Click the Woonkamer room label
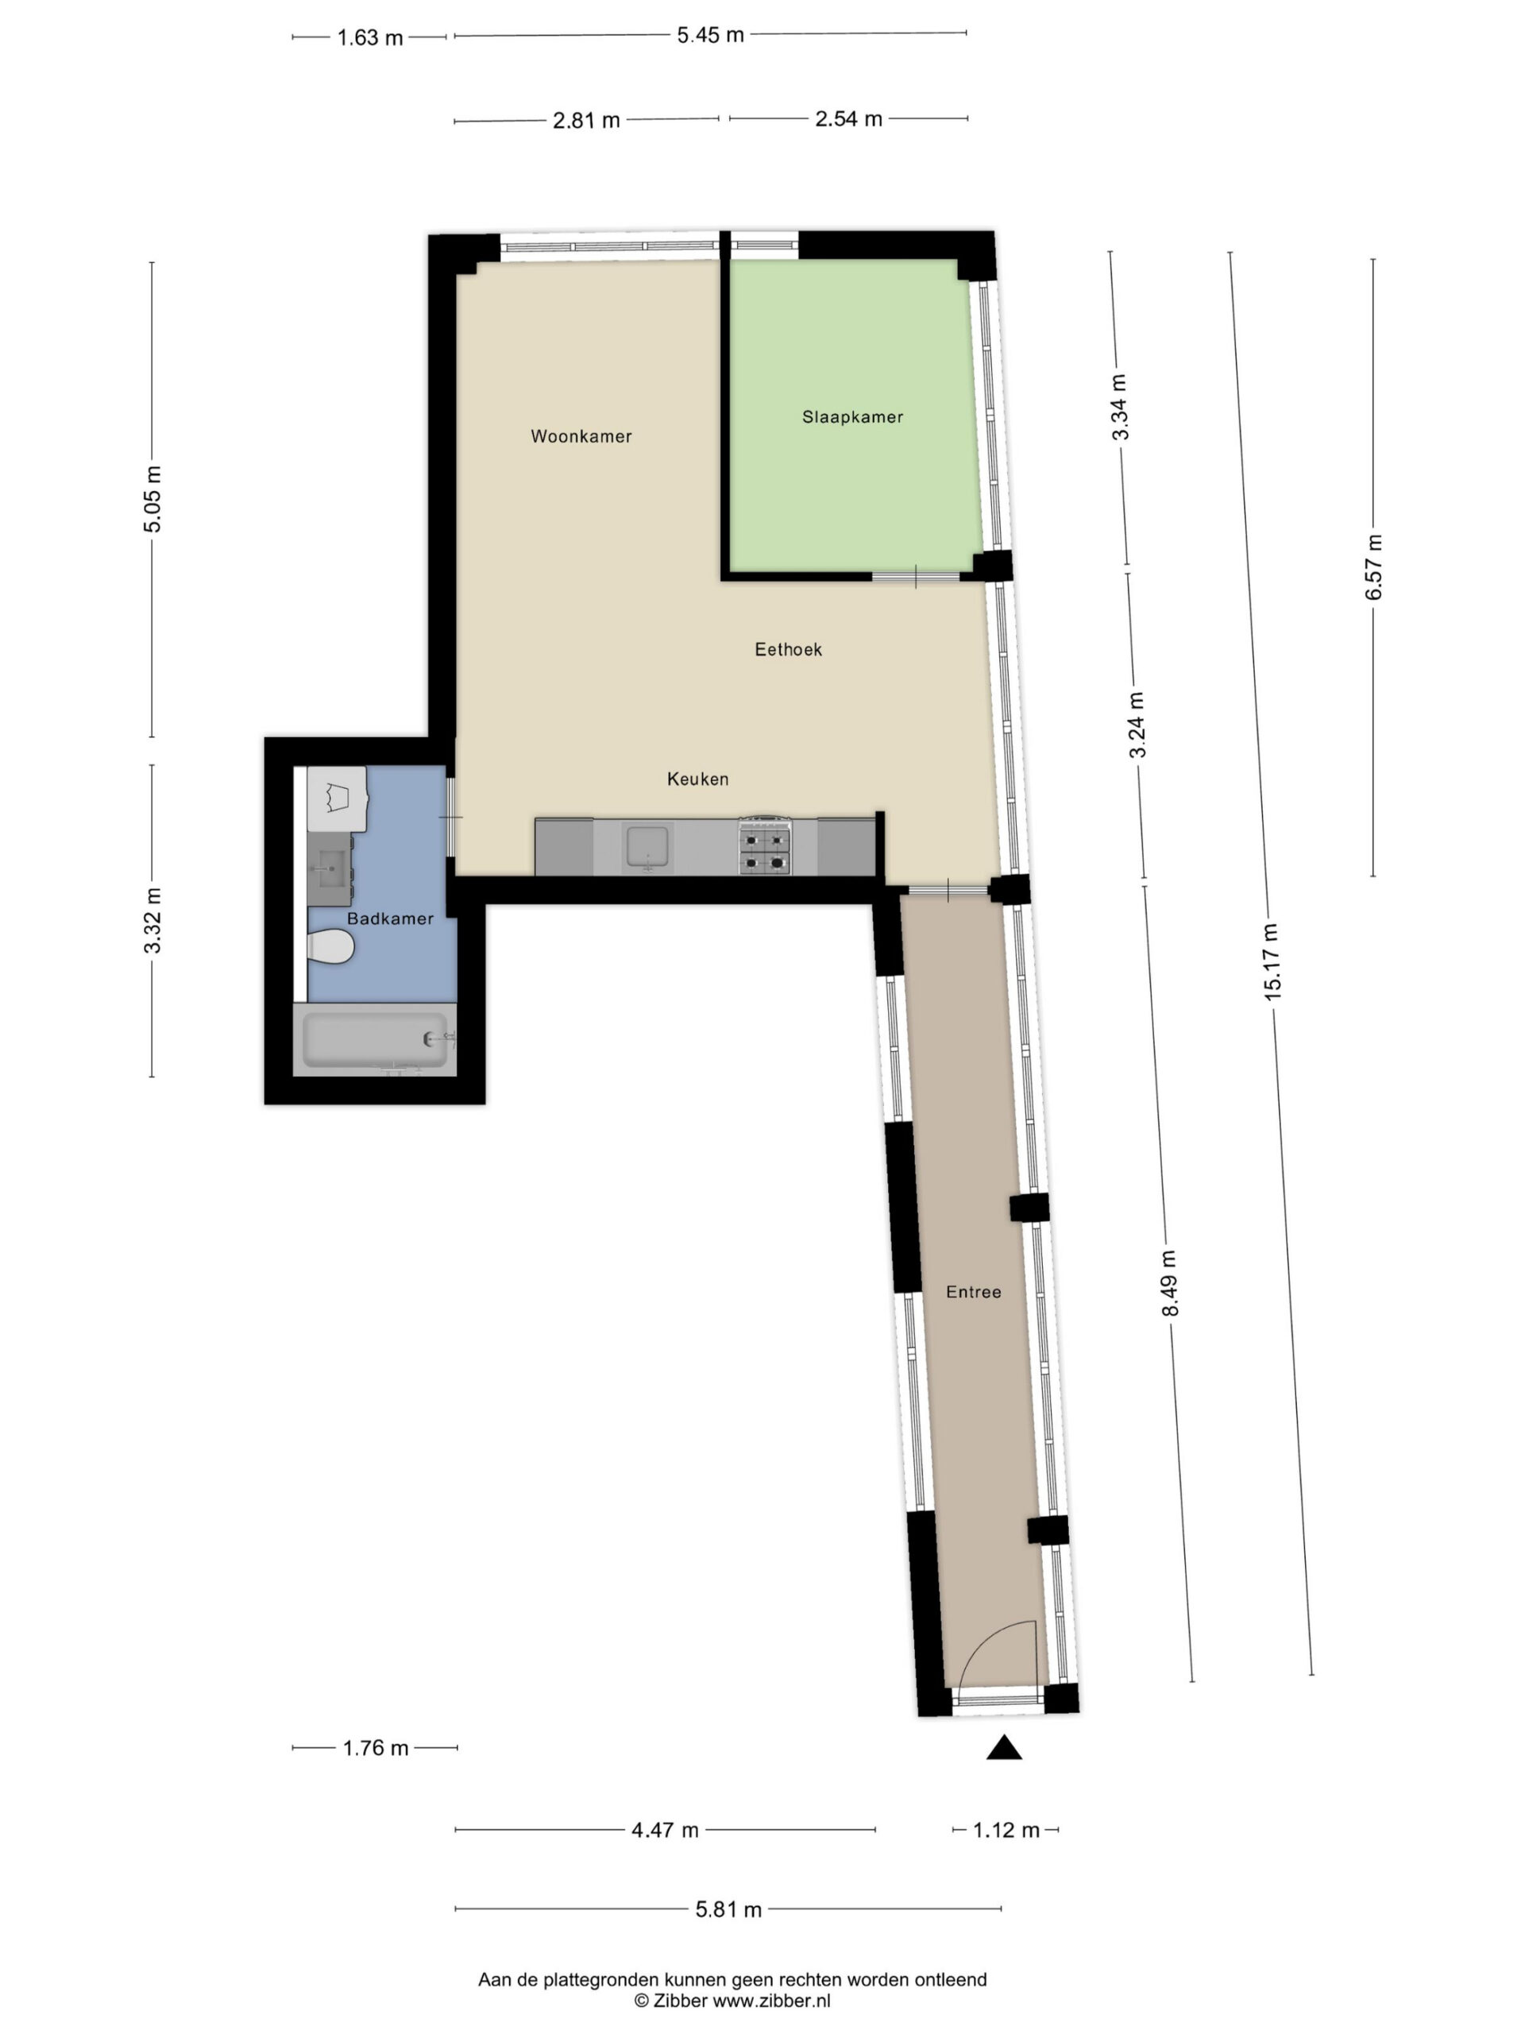point(581,437)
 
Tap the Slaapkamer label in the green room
point(852,417)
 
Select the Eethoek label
point(788,650)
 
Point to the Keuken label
point(697,779)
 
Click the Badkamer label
point(390,918)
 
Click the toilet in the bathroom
point(330,946)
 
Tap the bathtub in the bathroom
point(375,1040)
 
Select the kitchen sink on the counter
point(648,847)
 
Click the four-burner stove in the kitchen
point(765,846)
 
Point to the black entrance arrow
point(1004,1747)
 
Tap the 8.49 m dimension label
point(1169,1284)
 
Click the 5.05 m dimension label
point(152,499)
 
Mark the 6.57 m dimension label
point(1373,567)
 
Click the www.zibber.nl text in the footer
point(771,2000)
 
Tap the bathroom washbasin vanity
point(329,868)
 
